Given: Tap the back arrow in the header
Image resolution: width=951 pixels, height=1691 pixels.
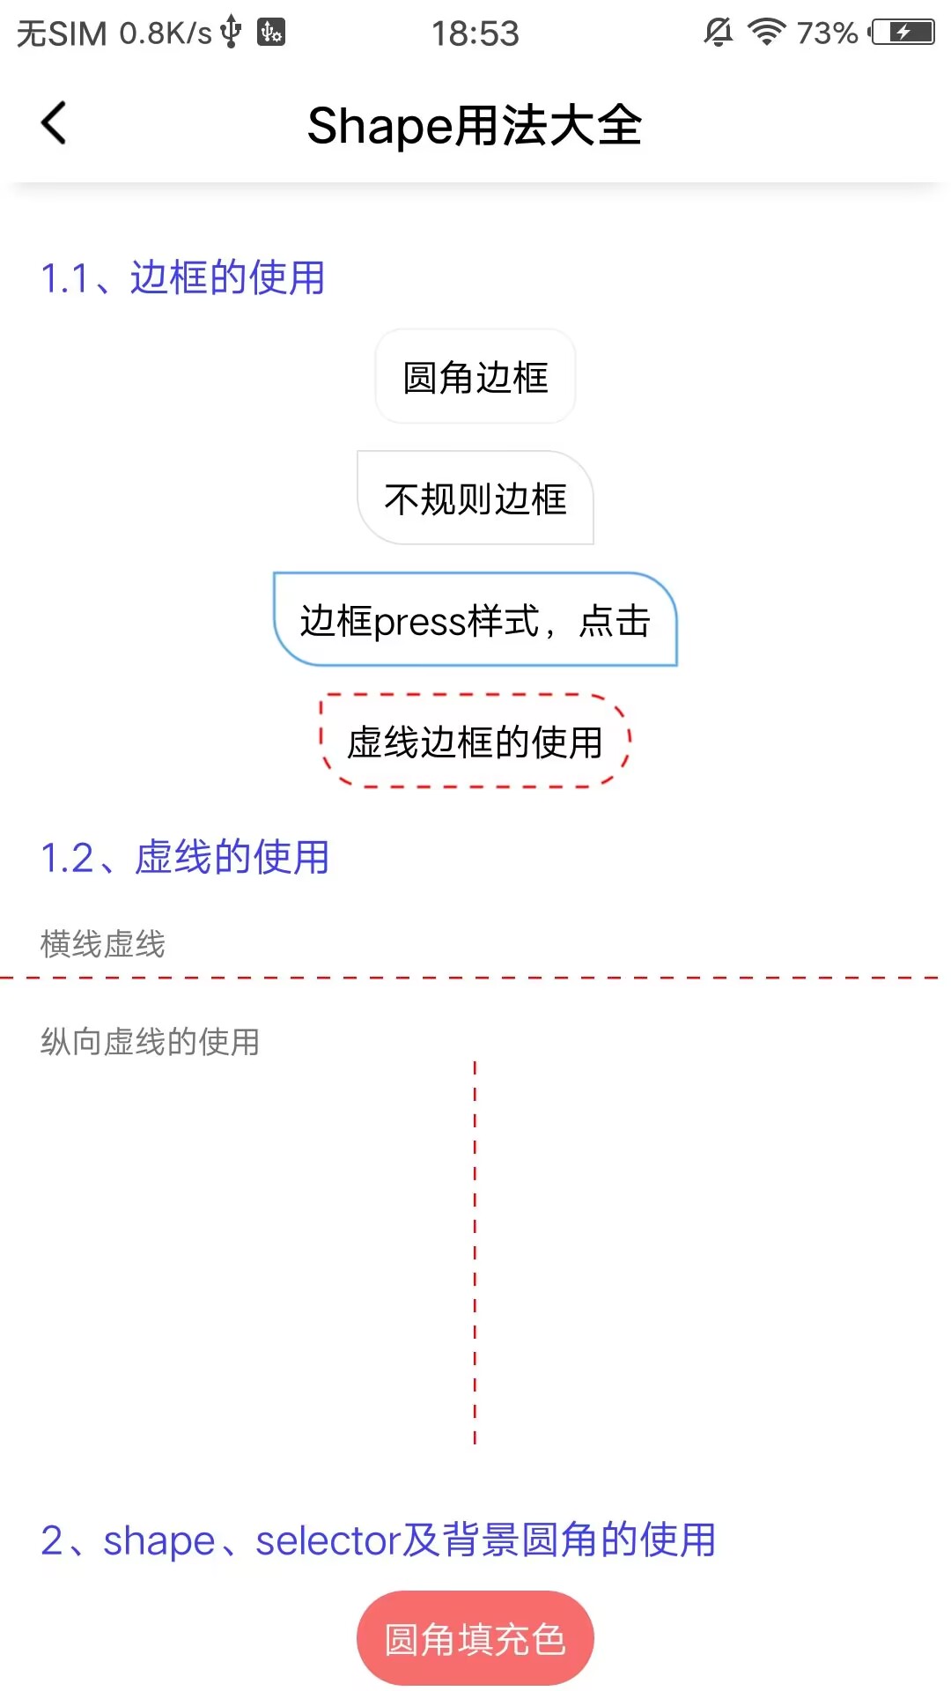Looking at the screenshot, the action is click(x=54, y=123).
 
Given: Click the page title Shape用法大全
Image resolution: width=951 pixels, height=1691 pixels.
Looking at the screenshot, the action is click(x=475, y=125).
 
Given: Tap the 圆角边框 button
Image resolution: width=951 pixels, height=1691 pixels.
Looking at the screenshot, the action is click(x=475, y=377).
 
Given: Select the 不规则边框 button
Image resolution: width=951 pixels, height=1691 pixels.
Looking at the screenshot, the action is click(x=475, y=498).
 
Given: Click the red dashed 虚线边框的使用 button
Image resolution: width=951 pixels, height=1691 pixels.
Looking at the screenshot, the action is click(x=475, y=742).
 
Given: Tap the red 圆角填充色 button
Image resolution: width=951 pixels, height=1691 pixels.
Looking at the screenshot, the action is click(x=475, y=1639).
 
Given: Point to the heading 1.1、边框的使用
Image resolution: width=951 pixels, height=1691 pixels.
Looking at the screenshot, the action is click(x=183, y=278).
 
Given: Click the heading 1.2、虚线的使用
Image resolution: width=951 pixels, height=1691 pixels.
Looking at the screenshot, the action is click(x=185, y=858).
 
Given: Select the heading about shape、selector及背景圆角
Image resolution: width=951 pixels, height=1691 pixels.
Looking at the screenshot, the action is click(x=379, y=1540).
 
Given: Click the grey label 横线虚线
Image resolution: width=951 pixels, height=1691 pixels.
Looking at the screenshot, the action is click(x=103, y=944).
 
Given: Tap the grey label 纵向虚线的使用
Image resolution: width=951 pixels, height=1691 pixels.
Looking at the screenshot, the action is click(x=151, y=1042).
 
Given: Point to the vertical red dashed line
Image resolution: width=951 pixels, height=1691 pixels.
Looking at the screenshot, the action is click(x=475, y=1251).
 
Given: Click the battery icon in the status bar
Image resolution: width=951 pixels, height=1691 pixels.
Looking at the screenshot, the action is click(x=903, y=33).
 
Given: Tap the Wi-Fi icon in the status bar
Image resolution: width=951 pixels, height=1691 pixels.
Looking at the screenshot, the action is click(x=766, y=33).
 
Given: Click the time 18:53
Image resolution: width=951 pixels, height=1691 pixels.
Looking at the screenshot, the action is click(x=475, y=33).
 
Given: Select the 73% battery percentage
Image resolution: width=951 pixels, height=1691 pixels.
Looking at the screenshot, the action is click(x=827, y=33).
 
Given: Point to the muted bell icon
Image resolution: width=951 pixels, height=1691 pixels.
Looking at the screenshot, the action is click(x=719, y=33).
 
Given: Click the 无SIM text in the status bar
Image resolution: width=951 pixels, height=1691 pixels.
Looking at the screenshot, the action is click(x=62, y=33).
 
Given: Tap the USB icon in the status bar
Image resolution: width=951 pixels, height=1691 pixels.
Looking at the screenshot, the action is click(x=231, y=32).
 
